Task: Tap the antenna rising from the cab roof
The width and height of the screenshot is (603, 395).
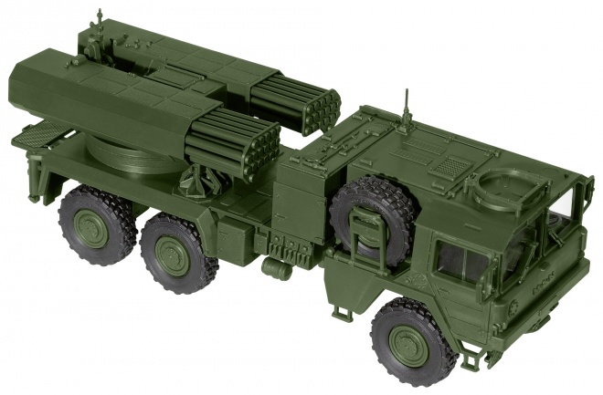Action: pyautogui.click(x=406, y=109)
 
